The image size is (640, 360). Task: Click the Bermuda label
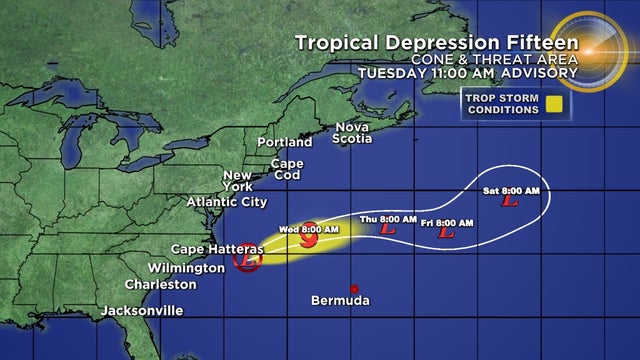340,301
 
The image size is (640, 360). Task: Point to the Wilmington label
185,268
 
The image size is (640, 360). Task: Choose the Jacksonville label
142,311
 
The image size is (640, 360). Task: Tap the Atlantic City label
227,201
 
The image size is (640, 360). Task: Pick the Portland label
286,142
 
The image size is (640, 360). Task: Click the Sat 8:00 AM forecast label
516,190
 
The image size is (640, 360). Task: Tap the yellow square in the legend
552,103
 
